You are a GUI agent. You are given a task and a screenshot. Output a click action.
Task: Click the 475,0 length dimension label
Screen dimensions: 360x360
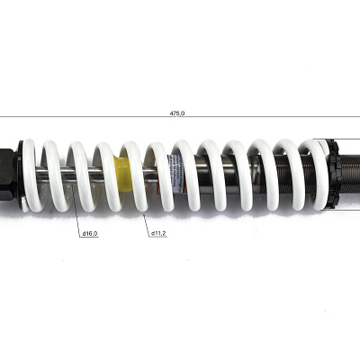pos(177,113)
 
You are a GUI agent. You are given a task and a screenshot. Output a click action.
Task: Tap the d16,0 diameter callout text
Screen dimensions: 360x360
pos(90,233)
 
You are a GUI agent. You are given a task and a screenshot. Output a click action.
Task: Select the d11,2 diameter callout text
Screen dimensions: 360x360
pos(158,233)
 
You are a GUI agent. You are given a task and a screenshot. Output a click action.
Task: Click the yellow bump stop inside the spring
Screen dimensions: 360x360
pos(123,174)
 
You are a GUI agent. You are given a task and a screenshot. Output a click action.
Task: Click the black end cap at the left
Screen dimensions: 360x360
pos(6,175)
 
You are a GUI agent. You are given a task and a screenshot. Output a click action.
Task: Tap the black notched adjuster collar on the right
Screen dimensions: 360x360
pos(336,174)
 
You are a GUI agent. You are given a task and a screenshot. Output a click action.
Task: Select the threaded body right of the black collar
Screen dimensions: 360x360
pos(350,174)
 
